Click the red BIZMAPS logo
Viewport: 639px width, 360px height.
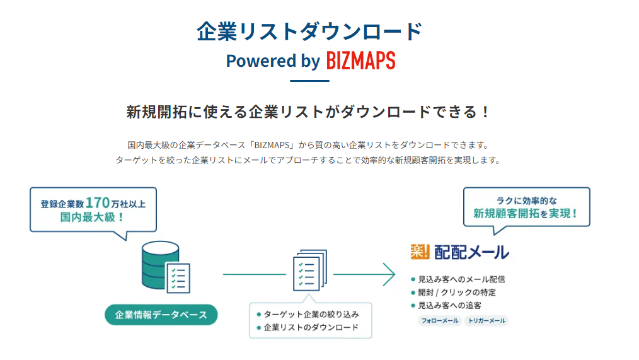click(x=361, y=61)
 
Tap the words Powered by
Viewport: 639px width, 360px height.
click(x=273, y=61)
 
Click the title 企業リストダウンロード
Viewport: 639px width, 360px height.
click(x=309, y=32)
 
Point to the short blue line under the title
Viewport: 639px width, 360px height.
click(x=309, y=81)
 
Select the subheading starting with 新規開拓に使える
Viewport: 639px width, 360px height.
click(x=308, y=112)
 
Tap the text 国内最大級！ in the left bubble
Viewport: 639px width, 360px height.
click(x=92, y=218)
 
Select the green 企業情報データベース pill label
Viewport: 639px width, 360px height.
click(x=161, y=314)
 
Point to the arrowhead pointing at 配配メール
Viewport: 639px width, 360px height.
click(x=389, y=274)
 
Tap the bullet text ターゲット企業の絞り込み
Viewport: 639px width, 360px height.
click(x=311, y=314)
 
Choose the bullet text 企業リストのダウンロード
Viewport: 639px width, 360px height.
click(x=311, y=327)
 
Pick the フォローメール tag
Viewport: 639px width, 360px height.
click(x=439, y=321)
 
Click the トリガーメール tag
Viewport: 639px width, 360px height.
click(x=486, y=321)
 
